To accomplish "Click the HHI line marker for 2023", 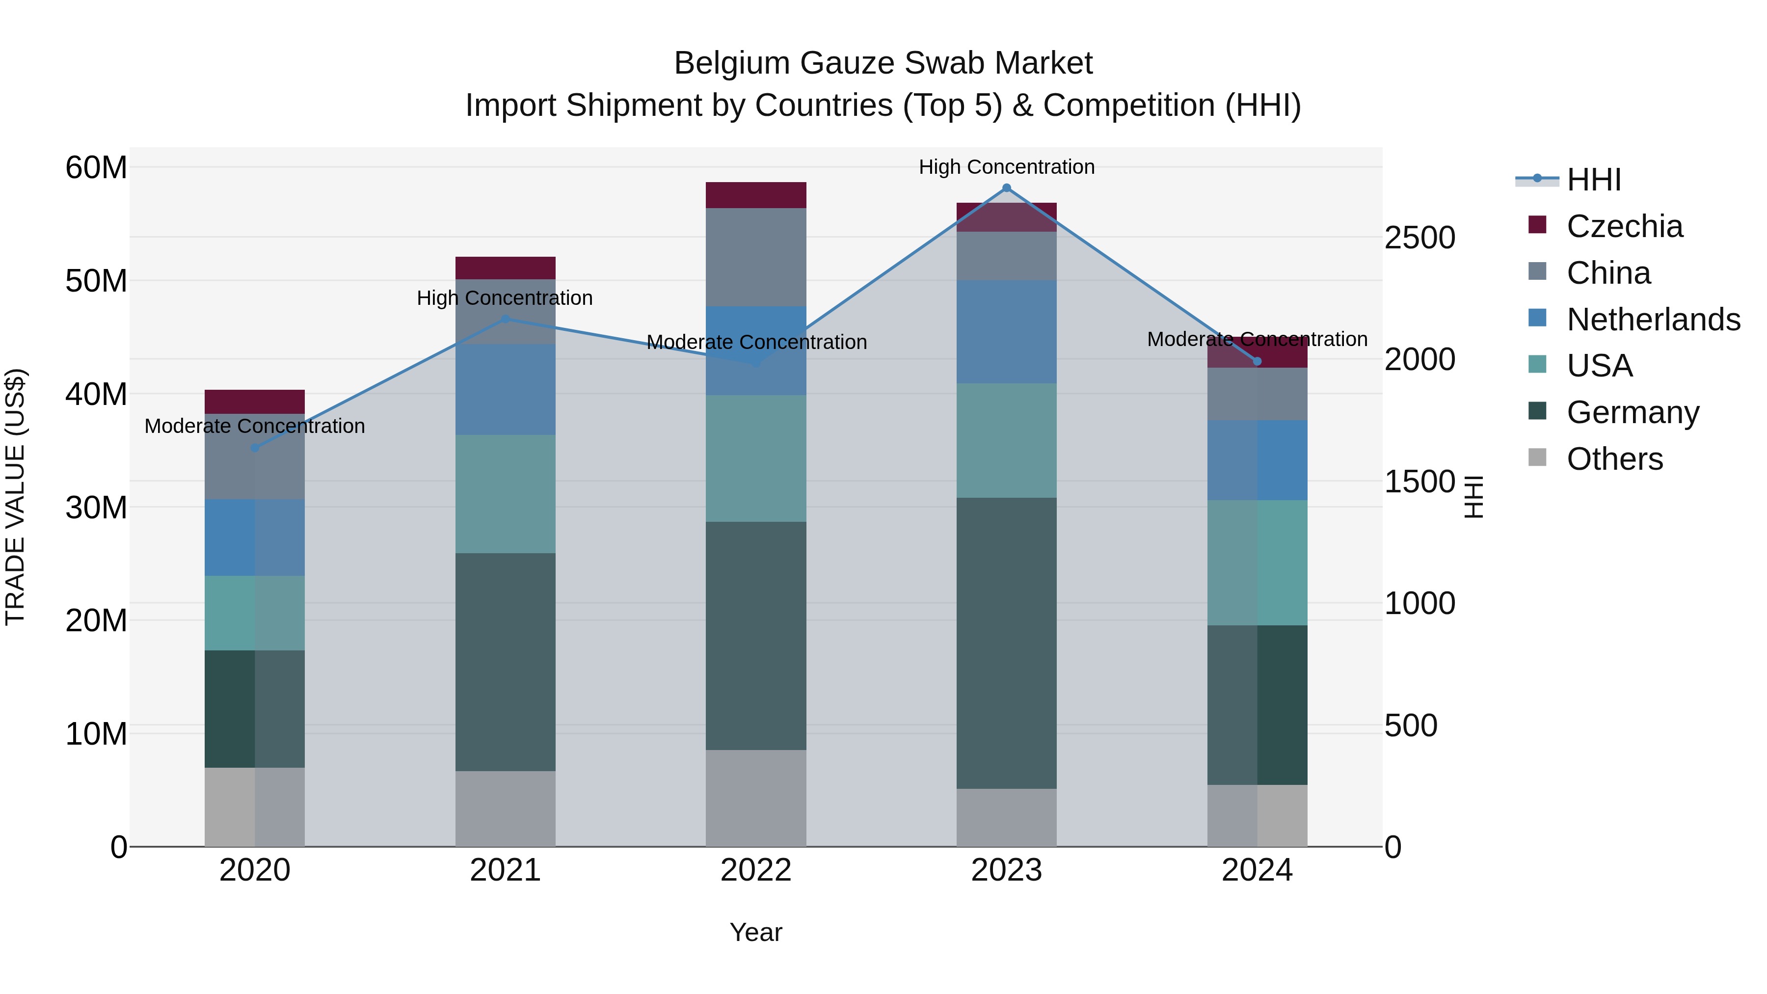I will click(1006, 188).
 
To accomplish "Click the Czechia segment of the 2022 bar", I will click(756, 195).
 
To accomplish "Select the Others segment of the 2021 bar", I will click(506, 809).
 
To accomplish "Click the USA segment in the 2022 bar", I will click(756, 458).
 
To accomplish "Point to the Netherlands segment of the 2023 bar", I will click(1006, 331).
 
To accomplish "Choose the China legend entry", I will click(1608, 273).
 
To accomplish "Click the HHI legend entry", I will click(1593, 180).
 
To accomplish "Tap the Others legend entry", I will click(1614, 459).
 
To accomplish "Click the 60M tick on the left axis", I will click(96, 167).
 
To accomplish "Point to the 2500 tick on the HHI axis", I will click(1419, 238).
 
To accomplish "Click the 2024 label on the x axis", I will click(1257, 870).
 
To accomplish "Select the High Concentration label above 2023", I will click(1006, 167).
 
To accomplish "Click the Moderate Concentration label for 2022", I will click(756, 342).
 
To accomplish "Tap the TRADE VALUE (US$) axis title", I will click(15, 497).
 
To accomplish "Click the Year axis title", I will click(756, 932).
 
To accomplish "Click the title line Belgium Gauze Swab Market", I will click(883, 63).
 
